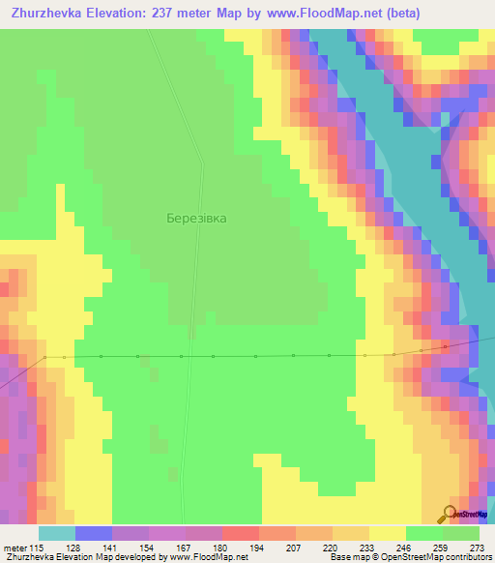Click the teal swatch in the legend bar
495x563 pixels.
pos(56,533)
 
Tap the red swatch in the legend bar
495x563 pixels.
pos(240,533)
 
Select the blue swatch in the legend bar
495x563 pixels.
pos(93,533)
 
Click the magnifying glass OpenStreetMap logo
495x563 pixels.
pos(450,514)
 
